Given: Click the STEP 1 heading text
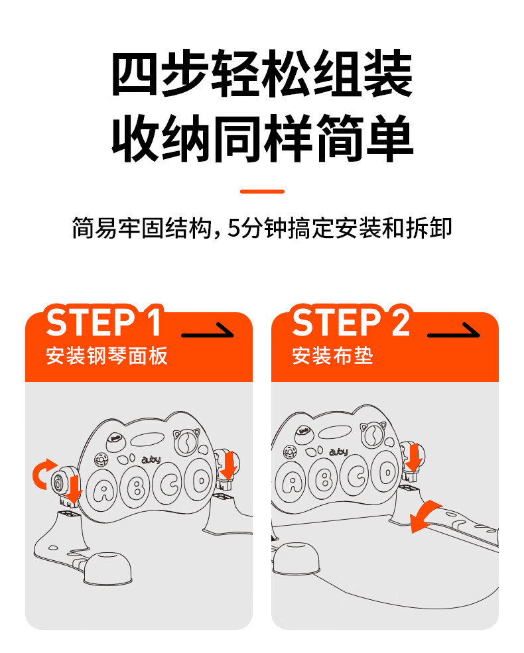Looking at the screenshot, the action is pyautogui.click(x=104, y=322).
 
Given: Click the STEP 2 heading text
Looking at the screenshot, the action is pyautogui.click(x=351, y=322).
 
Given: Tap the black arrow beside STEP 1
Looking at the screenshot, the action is pyautogui.click(x=208, y=331).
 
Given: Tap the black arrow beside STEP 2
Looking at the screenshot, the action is pyautogui.click(x=454, y=331).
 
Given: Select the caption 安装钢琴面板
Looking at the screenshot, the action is pyautogui.click(x=107, y=356).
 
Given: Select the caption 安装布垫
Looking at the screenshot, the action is pyautogui.click(x=332, y=356).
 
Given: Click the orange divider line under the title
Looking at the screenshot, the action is pyautogui.click(x=262, y=192).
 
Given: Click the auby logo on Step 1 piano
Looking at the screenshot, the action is pyautogui.click(x=151, y=459).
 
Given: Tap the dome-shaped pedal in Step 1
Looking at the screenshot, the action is pyautogui.click(x=107, y=567).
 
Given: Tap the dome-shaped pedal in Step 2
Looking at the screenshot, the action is pyautogui.click(x=296, y=558).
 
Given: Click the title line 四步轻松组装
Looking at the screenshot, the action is pyautogui.click(x=262, y=74).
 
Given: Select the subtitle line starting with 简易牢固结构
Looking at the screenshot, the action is pyautogui.click(x=262, y=228).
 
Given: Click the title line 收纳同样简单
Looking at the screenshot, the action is pyautogui.click(x=262, y=138).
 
